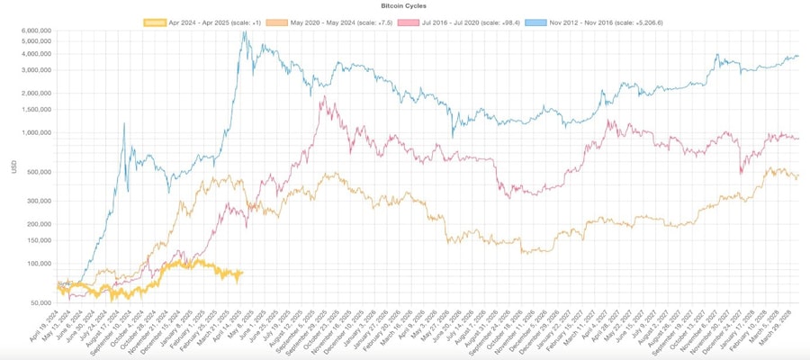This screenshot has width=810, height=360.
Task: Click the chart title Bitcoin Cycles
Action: (404, 5)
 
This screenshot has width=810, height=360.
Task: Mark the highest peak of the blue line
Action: (244, 33)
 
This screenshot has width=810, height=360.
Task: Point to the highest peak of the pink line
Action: (321, 96)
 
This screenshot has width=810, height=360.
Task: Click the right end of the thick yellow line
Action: (242, 273)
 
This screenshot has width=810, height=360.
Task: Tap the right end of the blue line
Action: (798, 56)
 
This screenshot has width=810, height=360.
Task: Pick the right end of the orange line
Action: (798, 175)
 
